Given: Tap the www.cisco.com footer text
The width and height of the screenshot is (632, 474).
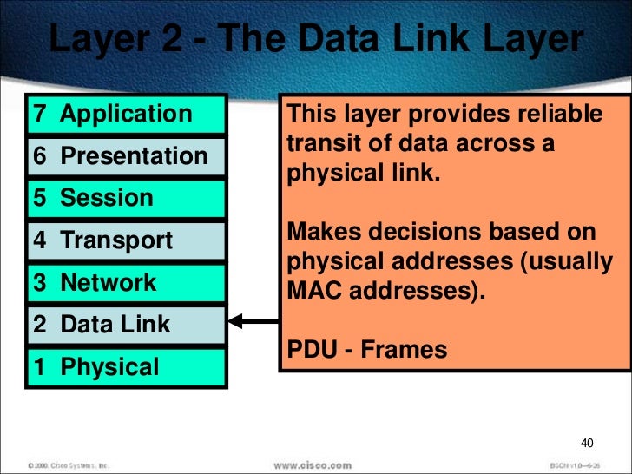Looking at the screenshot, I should (x=313, y=464).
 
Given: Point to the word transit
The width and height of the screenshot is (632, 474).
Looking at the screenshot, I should (x=321, y=143).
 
